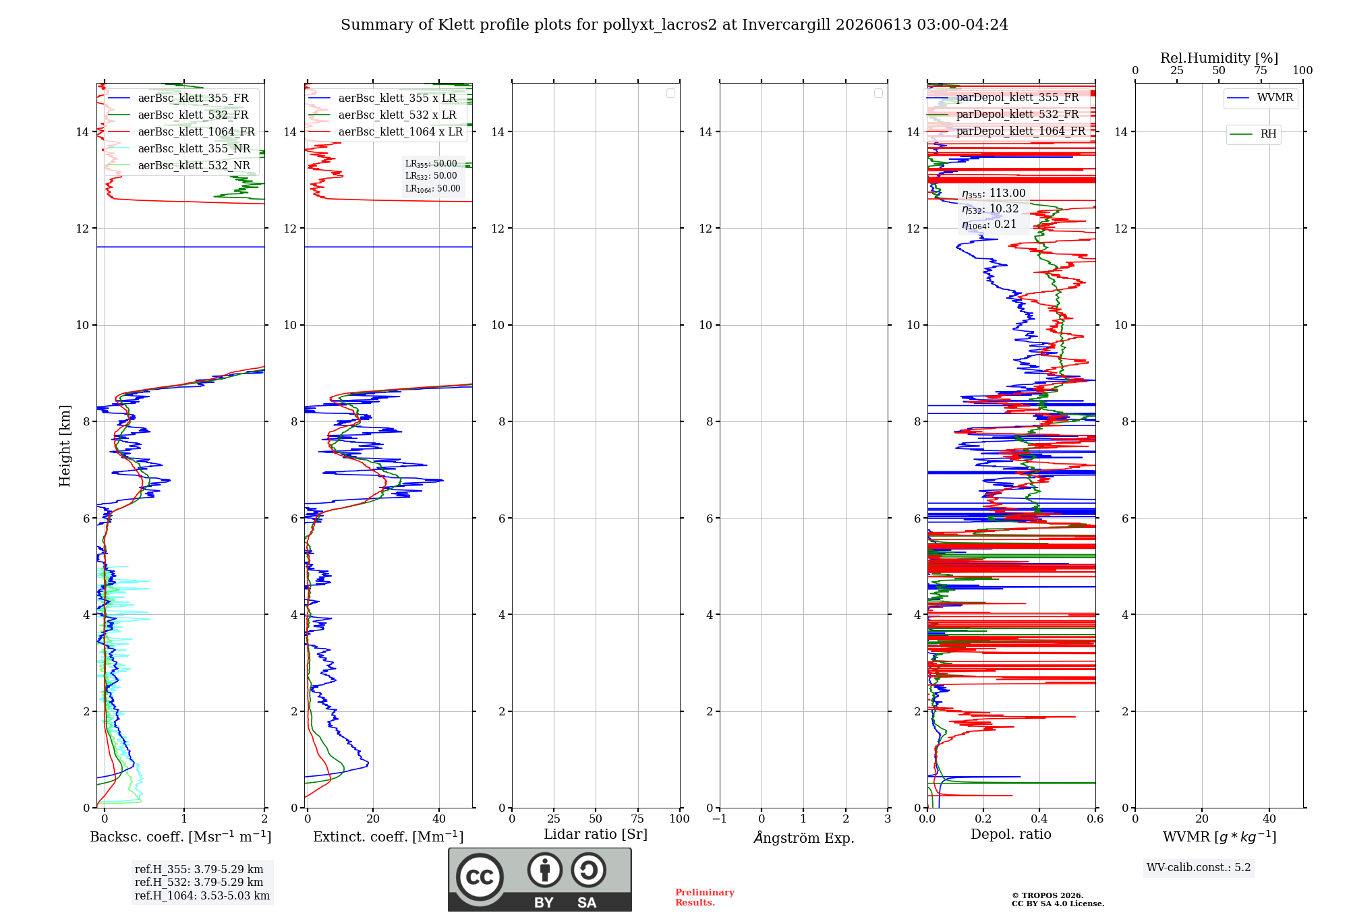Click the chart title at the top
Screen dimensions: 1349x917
click(674, 25)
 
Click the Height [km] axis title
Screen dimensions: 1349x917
click(65, 446)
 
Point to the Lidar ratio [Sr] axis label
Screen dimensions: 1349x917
click(596, 835)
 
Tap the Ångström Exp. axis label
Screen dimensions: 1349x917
click(804, 837)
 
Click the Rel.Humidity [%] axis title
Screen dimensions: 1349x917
click(1219, 58)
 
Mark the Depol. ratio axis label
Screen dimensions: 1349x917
click(1011, 835)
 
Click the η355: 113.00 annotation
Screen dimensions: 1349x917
click(994, 194)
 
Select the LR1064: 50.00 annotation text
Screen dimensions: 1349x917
click(432, 189)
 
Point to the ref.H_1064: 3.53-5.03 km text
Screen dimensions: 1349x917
click(202, 896)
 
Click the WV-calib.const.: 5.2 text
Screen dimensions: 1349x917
click(1199, 868)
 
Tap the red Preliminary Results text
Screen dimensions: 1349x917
click(705, 897)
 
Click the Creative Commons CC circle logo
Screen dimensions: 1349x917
click(480, 877)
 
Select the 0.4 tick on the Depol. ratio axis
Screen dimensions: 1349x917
click(1039, 819)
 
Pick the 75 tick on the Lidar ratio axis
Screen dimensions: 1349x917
click(637, 819)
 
